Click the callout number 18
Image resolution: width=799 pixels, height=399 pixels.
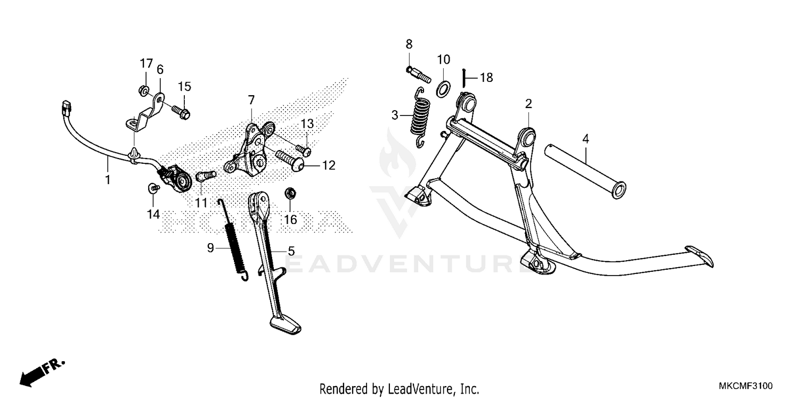coord(486,78)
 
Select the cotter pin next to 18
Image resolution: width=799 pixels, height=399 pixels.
coord(464,78)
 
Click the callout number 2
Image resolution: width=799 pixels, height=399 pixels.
coord(528,104)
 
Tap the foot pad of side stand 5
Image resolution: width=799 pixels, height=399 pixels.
coord(285,325)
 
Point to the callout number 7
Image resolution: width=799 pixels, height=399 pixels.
coord(251,100)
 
